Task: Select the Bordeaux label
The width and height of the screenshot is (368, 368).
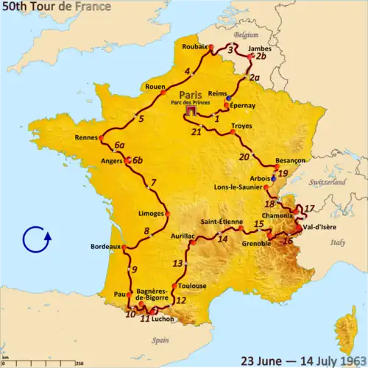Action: coord(105,246)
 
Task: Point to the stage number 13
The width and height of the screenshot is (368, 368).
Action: coord(177,263)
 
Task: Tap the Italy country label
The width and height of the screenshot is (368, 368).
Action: coord(339,242)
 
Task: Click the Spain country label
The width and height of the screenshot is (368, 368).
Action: coord(161,341)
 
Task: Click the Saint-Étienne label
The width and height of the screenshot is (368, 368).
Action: coord(221,221)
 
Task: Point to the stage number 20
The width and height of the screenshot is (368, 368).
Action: coord(244,156)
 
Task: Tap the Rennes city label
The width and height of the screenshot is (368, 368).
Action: coord(88,137)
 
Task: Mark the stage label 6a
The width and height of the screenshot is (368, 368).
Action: coord(119,145)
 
